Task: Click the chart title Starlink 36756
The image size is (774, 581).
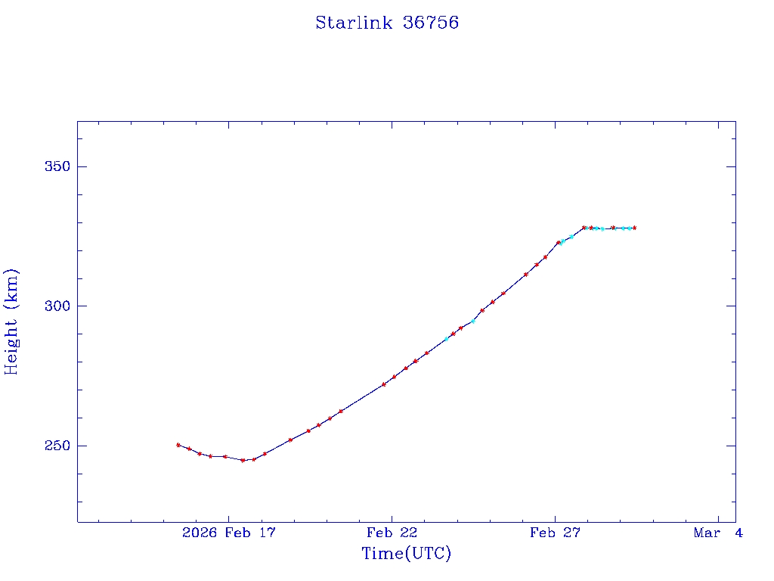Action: click(x=387, y=23)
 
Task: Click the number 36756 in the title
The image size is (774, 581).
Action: click(x=431, y=23)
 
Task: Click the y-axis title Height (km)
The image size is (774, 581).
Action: click(x=11, y=322)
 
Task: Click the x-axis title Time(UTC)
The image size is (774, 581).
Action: click(x=407, y=554)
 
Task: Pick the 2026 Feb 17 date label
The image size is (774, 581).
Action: click(x=229, y=533)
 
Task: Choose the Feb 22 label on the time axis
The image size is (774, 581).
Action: click(x=392, y=533)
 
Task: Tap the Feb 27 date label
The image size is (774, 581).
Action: click(x=555, y=533)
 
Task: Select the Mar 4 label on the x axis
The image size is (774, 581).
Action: click(x=718, y=533)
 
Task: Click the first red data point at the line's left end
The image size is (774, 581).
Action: click(x=178, y=445)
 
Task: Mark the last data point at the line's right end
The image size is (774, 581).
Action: click(x=635, y=228)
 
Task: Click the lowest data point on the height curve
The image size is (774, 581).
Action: click(x=243, y=460)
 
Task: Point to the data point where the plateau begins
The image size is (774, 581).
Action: click(x=584, y=228)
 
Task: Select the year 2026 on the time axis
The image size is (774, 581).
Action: click(x=200, y=533)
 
